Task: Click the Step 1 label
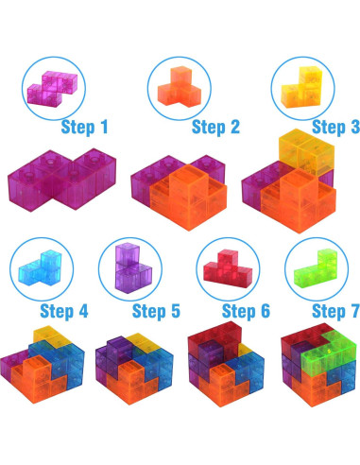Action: (84, 127)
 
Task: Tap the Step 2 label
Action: (215, 127)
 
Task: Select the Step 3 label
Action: (335, 127)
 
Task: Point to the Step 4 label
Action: (64, 311)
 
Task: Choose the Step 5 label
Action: (156, 311)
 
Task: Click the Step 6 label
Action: (246, 311)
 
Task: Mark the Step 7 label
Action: (335, 311)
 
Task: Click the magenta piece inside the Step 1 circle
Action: (52, 88)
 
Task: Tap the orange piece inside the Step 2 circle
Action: (179, 87)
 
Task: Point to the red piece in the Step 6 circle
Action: (229, 268)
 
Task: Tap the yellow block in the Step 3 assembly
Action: (305, 151)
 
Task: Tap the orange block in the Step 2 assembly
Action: (188, 197)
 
